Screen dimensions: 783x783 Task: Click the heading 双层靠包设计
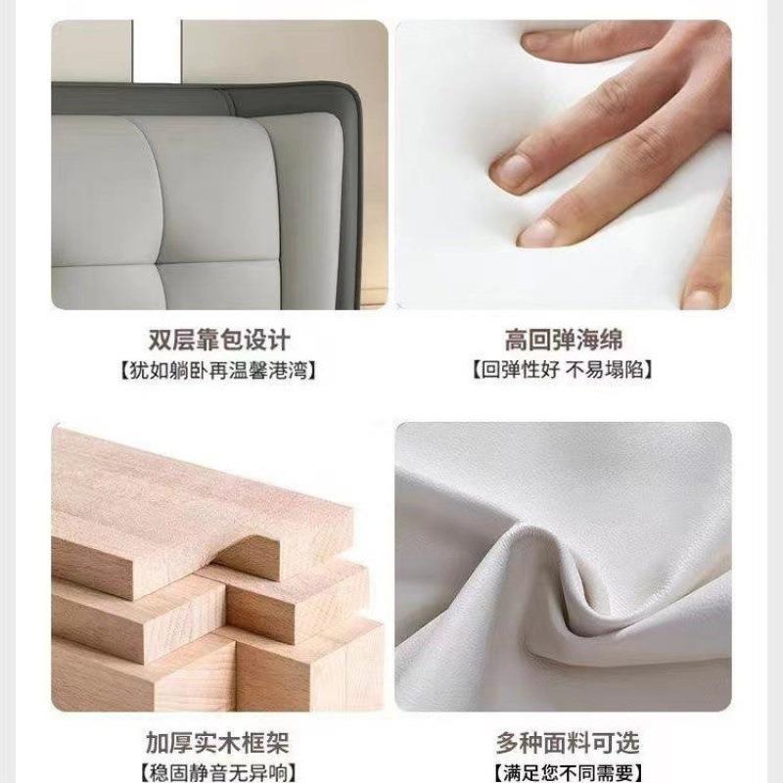(218, 340)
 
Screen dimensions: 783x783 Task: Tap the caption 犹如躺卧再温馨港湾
(218, 371)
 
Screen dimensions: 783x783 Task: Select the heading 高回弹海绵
(564, 340)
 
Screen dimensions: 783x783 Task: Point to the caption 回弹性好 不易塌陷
(563, 370)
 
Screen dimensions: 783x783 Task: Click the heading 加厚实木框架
(217, 743)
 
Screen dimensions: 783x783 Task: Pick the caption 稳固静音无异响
(217, 772)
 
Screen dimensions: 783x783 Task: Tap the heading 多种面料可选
(568, 743)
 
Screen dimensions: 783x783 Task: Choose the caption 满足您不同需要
(568, 772)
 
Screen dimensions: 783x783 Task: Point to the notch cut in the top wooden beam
(249, 554)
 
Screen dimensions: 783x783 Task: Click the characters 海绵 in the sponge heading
(599, 340)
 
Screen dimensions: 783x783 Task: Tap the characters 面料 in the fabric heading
(568, 743)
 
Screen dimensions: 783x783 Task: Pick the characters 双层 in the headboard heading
(172, 340)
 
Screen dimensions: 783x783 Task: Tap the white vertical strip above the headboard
(157, 51)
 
